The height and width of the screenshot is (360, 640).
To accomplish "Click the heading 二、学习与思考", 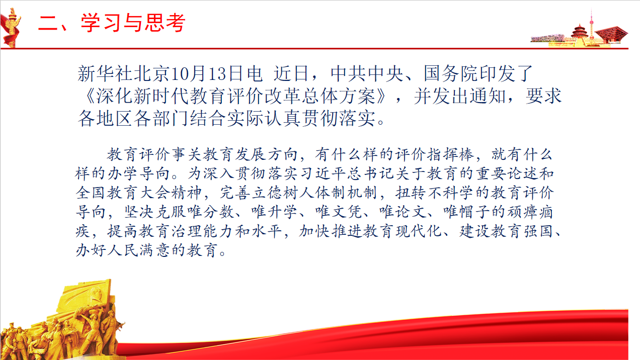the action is pyautogui.click(x=112, y=23).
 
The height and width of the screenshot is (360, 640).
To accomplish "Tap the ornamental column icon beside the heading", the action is pyautogui.click(x=11, y=28).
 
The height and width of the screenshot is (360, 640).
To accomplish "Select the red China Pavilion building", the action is pyautogui.click(x=612, y=35).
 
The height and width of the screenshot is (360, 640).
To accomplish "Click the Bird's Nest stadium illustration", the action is pyautogui.click(x=547, y=39).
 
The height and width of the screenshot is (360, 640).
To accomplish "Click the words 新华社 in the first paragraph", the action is pyautogui.click(x=105, y=73).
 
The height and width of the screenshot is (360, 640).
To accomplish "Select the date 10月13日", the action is pyautogui.click(x=208, y=73).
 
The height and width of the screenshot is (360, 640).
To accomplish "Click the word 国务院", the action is pyautogui.click(x=451, y=73).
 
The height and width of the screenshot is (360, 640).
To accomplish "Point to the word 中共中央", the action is pyautogui.click(x=367, y=73).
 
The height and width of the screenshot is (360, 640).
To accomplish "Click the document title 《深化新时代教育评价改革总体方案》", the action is pyautogui.click(x=236, y=96).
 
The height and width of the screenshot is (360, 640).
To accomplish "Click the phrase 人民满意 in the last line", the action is pyautogui.click(x=139, y=250).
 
